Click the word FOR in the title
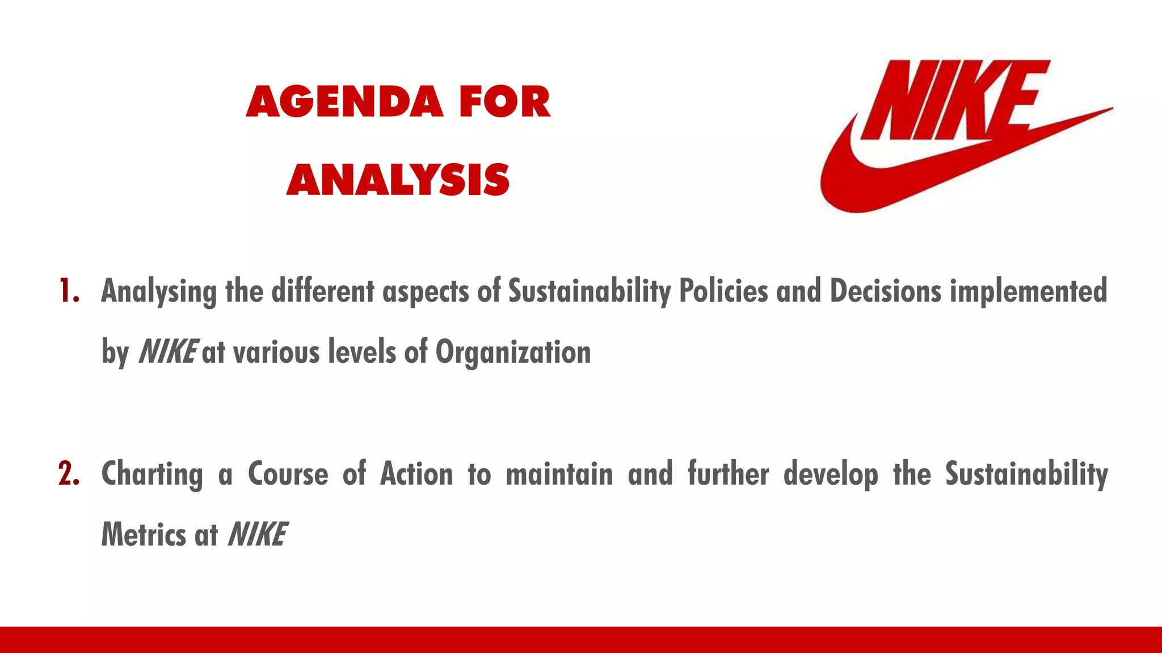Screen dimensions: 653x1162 tap(504, 103)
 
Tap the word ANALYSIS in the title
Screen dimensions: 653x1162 tap(398, 180)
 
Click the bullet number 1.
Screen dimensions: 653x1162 tap(68, 291)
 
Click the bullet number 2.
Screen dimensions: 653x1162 tap(68, 474)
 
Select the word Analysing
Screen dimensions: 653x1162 tap(159, 292)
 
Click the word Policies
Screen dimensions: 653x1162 tap(723, 291)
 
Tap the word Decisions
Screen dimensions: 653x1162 tap(886, 291)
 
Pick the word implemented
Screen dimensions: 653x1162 tap(1029, 292)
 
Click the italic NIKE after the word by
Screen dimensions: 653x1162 tap(168, 351)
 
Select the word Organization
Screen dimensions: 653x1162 tap(513, 353)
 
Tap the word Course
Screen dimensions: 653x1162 tap(288, 474)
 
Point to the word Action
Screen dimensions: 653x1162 tap(416, 474)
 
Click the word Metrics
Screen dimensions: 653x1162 tap(144, 535)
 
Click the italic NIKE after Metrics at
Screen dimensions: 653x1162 tap(257, 535)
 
